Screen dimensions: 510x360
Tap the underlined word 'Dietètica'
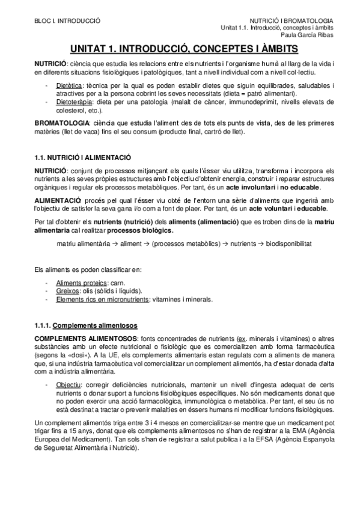(x=67, y=86)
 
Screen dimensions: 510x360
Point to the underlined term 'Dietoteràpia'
(x=71, y=103)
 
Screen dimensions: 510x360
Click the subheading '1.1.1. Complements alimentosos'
(x=86, y=325)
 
